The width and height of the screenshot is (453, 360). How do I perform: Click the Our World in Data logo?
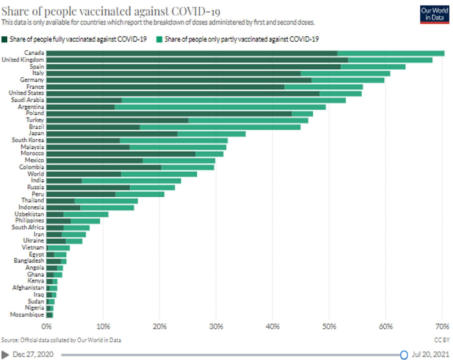434,14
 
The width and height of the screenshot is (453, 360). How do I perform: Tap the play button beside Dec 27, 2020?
5,354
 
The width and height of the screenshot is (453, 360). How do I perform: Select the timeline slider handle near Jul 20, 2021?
404,355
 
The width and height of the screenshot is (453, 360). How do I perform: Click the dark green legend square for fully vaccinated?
4,40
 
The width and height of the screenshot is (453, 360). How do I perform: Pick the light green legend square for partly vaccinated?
159,40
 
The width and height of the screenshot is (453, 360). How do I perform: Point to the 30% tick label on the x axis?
216,326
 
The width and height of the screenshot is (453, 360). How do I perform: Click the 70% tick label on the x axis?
442,326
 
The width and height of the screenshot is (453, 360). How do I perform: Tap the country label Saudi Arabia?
27,100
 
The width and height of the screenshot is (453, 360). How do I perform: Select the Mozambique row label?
27,315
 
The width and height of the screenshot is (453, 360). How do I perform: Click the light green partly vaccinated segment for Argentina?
220,107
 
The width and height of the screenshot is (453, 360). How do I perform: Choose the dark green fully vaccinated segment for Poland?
169,114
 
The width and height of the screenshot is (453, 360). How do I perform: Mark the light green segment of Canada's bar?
391,53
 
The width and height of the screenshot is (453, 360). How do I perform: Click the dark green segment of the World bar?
84,174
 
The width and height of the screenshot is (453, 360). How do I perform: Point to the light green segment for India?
131,181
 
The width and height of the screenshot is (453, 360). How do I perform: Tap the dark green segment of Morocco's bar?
121,154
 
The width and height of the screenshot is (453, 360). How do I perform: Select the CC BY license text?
442,340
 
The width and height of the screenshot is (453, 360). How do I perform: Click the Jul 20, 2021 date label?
430,354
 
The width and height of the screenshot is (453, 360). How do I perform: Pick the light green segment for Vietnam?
59,248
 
